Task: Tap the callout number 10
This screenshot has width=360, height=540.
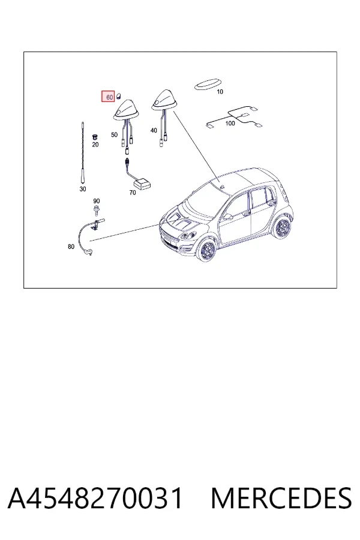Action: point(220,92)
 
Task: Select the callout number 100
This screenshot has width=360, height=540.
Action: point(230,123)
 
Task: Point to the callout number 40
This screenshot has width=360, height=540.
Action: point(154,131)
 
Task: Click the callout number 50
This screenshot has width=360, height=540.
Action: point(115,134)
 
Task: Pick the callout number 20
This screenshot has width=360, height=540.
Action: point(95,145)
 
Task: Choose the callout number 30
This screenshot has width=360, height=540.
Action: point(83,189)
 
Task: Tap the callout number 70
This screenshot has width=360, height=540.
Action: point(133,193)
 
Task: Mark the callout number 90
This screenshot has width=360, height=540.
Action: point(97,201)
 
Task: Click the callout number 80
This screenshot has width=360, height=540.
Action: point(71,247)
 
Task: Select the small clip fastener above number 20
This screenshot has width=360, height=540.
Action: point(94,137)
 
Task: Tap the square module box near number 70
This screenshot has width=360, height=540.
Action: point(142,183)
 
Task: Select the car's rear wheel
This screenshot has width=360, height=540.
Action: point(282,227)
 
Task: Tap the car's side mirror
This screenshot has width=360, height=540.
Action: point(228,217)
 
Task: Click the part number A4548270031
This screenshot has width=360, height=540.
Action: point(95,498)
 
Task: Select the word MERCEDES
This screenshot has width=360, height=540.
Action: point(281,498)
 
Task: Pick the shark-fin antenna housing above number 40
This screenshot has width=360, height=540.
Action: point(164,101)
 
